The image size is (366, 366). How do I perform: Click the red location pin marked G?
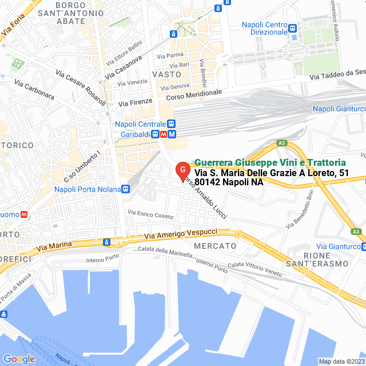click(182, 170)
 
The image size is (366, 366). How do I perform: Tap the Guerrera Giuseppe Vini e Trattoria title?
click(269, 162)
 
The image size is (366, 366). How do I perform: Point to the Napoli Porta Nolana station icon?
click(125, 189)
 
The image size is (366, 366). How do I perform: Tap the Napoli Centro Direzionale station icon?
click(292, 28)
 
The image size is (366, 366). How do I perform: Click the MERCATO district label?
click(215, 245)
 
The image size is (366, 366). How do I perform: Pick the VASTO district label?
click(167, 74)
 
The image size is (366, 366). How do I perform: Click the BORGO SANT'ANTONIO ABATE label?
click(71, 13)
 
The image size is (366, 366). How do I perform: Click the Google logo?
click(19, 359)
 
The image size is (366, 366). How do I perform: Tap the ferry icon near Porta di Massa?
click(4, 314)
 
